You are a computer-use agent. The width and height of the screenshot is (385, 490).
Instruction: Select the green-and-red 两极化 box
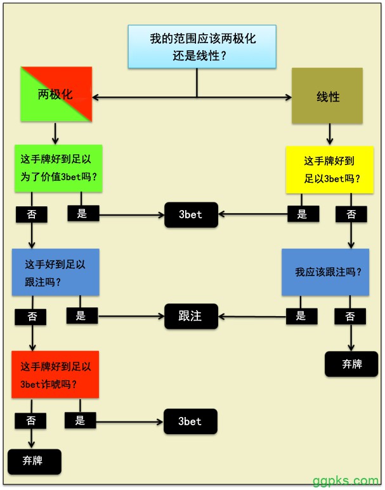(x=56, y=95)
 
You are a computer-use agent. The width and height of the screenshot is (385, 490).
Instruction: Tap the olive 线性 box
(x=327, y=96)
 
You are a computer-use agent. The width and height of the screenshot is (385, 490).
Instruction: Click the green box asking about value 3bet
(x=58, y=168)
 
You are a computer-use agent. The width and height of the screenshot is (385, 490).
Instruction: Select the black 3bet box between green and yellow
(x=191, y=214)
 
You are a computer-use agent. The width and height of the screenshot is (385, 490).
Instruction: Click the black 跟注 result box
(x=191, y=315)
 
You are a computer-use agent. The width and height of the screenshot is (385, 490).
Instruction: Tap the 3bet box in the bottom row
(x=190, y=421)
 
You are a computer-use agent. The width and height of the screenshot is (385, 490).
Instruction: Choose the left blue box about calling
(x=55, y=272)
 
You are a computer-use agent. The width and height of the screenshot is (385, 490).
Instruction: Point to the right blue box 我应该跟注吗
(x=325, y=272)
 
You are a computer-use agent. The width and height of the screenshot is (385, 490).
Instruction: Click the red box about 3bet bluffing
(x=55, y=374)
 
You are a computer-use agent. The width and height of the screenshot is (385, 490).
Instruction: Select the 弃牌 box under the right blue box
(x=351, y=364)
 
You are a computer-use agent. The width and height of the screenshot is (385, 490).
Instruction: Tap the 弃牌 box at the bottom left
(x=35, y=461)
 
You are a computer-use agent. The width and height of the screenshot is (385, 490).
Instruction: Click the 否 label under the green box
(x=32, y=214)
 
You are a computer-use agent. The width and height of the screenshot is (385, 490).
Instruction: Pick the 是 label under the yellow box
(x=302, y=214)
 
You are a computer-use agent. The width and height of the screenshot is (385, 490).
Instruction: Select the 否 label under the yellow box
(x=351, y=214)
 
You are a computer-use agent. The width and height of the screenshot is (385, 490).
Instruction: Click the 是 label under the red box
(x=80, y=420)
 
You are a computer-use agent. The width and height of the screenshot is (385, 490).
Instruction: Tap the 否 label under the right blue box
(x=349, y=315)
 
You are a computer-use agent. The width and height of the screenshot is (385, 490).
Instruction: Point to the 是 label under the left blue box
(x=81, y=315)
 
